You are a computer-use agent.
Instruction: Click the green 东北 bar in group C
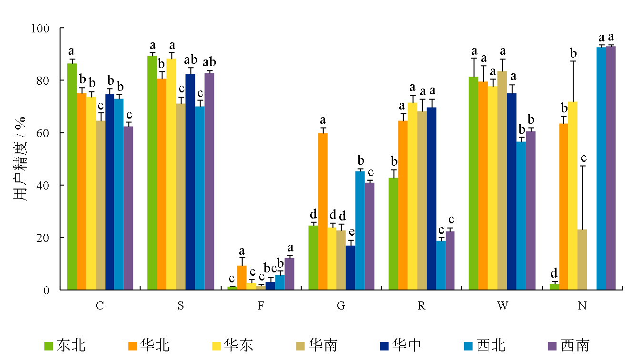72,176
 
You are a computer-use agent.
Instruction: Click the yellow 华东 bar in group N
573,195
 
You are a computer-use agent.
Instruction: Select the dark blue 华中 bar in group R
431,198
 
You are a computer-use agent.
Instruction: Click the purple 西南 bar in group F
289,274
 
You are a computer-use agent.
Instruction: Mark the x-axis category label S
180,306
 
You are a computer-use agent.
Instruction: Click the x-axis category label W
502,306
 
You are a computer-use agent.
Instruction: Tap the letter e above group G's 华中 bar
351,232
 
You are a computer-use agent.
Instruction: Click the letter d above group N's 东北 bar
554,273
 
